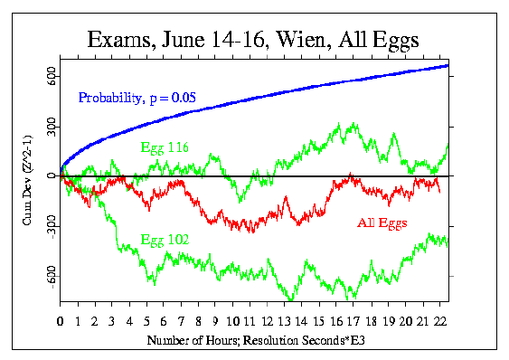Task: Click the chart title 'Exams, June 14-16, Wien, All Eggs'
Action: click(x=254, y=41)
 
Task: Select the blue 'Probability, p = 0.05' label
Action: click(x=137, y=97)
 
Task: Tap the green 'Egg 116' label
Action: click(x=164, y=147)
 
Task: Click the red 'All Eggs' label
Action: click(x=382, y=223)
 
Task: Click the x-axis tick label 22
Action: click(x=437, y=320)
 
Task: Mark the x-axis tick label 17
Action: click(x=351, y=320)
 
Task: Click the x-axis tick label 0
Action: click(x=60, y=320)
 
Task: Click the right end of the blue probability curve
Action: click(x=448, y=65)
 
